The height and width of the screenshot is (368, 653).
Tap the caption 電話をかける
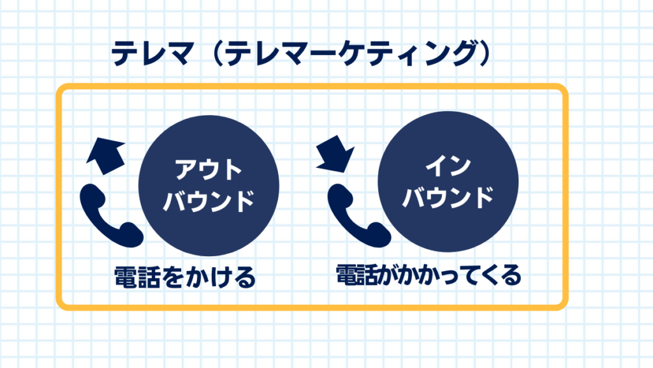(184, 277)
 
